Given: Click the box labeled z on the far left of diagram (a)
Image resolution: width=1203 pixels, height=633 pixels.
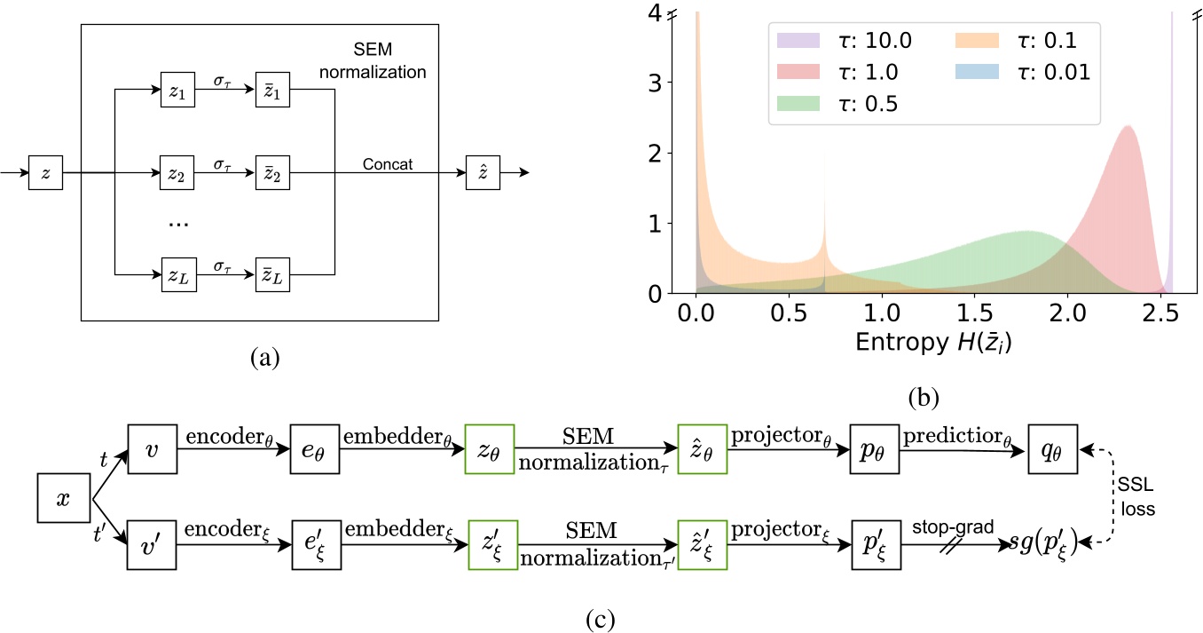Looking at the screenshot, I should (45, 172).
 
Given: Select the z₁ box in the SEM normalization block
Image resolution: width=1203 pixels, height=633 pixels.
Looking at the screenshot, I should (177, 91).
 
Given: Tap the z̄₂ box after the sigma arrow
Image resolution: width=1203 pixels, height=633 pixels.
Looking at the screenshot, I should (271, 172).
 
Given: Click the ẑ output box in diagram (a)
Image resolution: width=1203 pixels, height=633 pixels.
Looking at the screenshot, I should (484, 172).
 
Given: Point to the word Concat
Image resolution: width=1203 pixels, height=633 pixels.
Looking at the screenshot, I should (388, 165).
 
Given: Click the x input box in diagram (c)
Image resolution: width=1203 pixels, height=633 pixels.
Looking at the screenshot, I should (62, 500).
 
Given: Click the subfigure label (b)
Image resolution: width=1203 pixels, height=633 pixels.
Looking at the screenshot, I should (924, 396).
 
